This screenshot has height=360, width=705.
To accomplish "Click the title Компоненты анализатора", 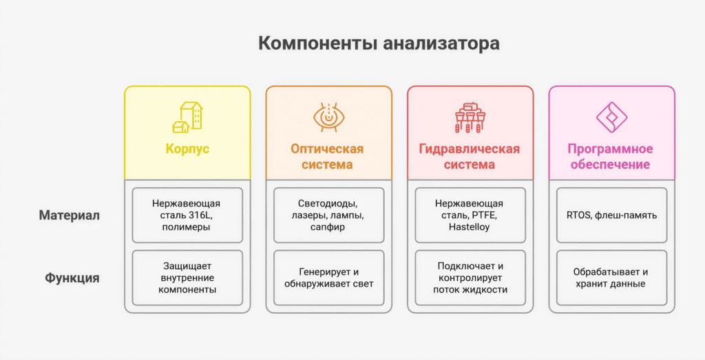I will click(x=379, y=43).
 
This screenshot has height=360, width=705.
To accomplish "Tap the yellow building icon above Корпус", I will click(x=187, y=118).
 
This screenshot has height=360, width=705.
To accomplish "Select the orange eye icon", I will click(x=328, y=118).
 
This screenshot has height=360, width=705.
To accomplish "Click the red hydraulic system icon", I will click(x=470, y=118).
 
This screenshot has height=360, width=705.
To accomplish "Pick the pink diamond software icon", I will click(x=611, y=118).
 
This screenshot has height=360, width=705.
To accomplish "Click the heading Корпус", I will click(x=187, y=149).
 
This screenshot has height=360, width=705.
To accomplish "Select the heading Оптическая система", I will click(x=328, y=157).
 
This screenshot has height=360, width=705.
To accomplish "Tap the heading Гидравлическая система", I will click(x=470, y=157).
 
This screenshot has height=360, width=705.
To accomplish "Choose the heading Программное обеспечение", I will click(x=611, y=157).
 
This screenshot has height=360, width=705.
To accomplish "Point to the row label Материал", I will click(x=69, y=215).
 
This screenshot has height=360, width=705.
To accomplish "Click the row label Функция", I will click(x=72, y=278).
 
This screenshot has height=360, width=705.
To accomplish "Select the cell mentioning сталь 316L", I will click(x=187, y=215).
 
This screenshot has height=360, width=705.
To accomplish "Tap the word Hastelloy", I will click(x=470, y=227).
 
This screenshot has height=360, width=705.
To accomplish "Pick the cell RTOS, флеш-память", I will click(x=611, y=215).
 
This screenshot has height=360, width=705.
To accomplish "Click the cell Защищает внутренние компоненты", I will click(x=187, y=277).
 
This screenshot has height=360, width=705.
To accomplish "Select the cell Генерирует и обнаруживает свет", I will click(x=328, y=277).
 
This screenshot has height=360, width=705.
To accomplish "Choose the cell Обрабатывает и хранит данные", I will click(x=611, y=277).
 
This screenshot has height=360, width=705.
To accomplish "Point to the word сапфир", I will click(x=328, y=227).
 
